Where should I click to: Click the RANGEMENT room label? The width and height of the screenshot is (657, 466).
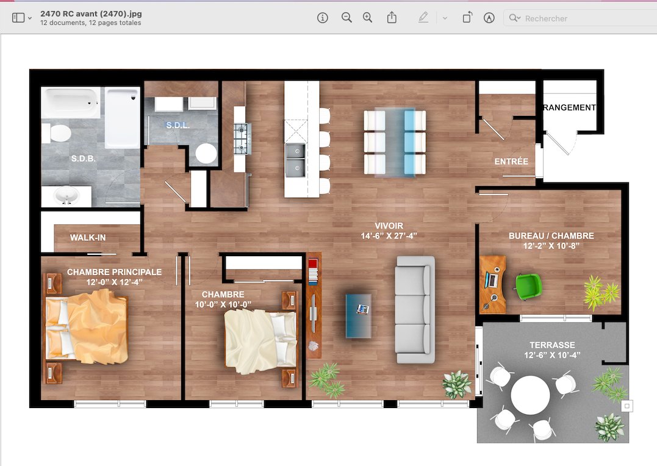pyautogui.click(x=569, y=108)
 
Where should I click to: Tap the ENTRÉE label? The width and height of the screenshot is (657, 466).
pyautogui.click(x=511, y=162)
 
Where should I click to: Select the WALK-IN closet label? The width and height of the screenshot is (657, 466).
pyautogui.click(x=88, y=238)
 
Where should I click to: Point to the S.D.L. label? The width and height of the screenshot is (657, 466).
pyautogui.click(x=178, y=125)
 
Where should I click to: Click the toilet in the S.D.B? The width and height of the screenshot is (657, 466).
pyautogui.click(x=56, y=133)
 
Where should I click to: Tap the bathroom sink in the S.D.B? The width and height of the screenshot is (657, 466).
pyautogui.click(x=66, y=196)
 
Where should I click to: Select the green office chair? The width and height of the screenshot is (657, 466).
pyautogui.click(x=528, y=287)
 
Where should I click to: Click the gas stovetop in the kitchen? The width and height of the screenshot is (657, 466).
pyautogui.click(x=242, y=138)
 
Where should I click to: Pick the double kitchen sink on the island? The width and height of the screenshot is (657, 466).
pyautogui.click(x=295, y=160)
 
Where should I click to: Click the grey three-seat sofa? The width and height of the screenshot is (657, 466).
pyautogui.click(x=415, y=309)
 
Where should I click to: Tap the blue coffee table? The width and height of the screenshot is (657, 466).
pyautogui.click(x=358, y=315)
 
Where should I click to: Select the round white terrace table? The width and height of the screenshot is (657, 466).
pyautogui.click(x=531, y=395)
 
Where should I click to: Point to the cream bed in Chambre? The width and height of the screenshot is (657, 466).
pyautogui.click(x=260, y=341)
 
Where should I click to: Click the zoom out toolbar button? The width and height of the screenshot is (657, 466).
pyautogui.click(x=346, y=18)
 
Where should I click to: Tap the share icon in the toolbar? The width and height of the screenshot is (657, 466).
pyautogui.click(x=392, y=18)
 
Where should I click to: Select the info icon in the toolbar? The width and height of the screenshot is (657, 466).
pyautogui.click(x=322, y=18)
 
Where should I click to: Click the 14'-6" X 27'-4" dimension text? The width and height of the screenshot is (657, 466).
pyautogui.click(x=389, y=236)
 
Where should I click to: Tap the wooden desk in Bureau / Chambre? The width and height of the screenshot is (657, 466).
pyautogui.click(x=493, y=285)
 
